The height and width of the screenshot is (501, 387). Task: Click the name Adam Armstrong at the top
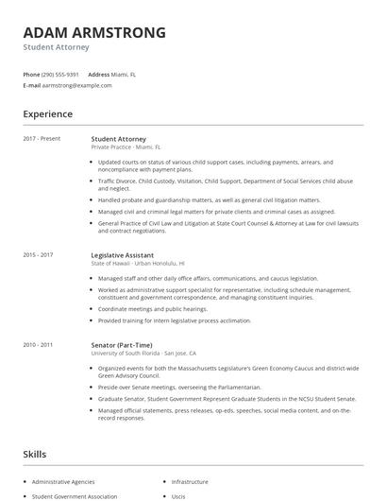coord(94,32)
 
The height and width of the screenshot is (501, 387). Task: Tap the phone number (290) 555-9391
coord(60,74)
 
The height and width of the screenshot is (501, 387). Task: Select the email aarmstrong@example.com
coord(77,85)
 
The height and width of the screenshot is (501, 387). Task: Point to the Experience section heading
coord(48,114)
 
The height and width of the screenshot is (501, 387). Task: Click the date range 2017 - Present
coord(42,139)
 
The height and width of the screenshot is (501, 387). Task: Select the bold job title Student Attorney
coord(119,139)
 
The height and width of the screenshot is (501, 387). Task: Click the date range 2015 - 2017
coord(38,254)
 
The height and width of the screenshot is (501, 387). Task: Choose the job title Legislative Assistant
coord(124,254)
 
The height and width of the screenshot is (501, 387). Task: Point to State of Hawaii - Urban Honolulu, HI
coord(138,263)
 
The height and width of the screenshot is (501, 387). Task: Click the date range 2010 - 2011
coord(38,345)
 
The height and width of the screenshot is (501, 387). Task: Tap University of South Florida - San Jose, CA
coord(143,354)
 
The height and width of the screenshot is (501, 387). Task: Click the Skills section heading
coord(34,455)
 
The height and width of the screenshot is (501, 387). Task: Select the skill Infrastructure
coord(190,481)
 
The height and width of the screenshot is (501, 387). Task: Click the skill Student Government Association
coord(75,495)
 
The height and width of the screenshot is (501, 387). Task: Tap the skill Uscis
coord(178,495)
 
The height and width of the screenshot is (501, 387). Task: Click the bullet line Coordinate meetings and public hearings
coord(153,309)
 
